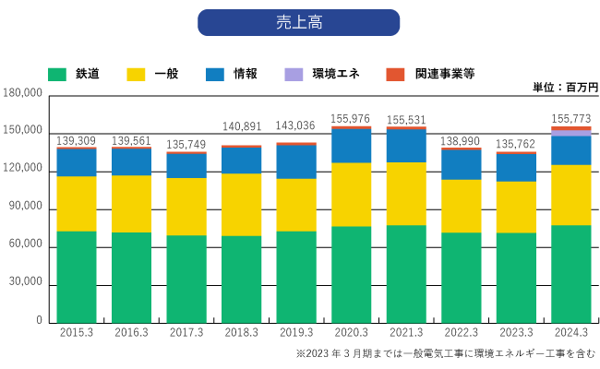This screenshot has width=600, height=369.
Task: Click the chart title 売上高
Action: [x=298, y=22]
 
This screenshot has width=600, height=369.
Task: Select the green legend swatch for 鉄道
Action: [x=57, y=73]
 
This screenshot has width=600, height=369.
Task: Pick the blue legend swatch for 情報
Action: [x=215, y=73]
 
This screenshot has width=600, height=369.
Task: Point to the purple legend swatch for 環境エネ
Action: [x=294, y=73]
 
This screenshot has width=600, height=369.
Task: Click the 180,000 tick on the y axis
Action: [x=23, y=93]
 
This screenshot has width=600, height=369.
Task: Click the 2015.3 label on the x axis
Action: [x=76, y=332]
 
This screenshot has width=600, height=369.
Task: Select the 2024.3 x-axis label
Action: [x=570, y=332]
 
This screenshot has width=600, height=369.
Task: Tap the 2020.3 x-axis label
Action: [x=351, y=332]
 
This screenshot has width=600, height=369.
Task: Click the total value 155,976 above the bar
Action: [x=351, y=118]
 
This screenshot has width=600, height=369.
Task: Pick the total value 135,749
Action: [x=186, y=144]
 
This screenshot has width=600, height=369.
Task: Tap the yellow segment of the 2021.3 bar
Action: [x=406, y=194]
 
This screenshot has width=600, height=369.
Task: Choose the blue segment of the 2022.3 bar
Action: [x=461, y=164]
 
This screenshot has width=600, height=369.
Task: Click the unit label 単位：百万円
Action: [x=565, y=87]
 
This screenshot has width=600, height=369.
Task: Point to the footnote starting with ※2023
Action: [x=445, y=354]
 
